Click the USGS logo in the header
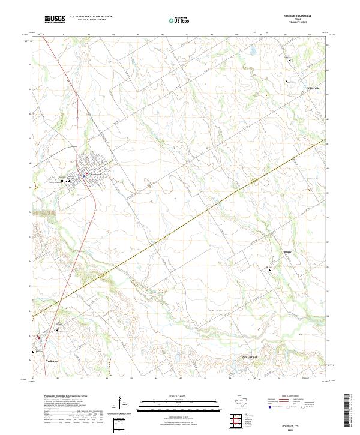pyautogui.click(x=55, y=19)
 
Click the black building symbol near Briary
pyautogui.click(x=270, y=270)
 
